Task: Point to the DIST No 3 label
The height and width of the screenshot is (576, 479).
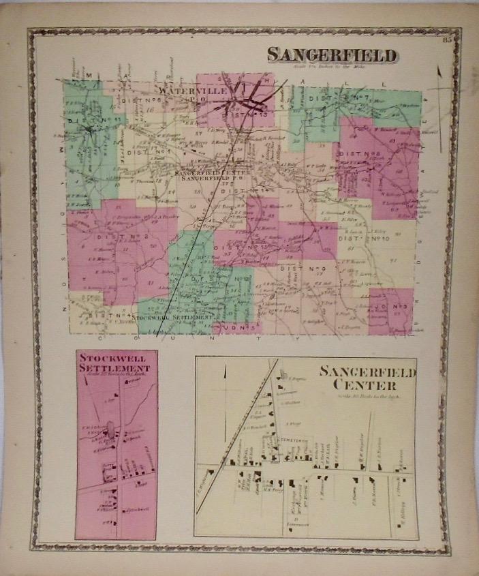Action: coord(121,237)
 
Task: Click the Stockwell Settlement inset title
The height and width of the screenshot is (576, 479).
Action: coord(115,362)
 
